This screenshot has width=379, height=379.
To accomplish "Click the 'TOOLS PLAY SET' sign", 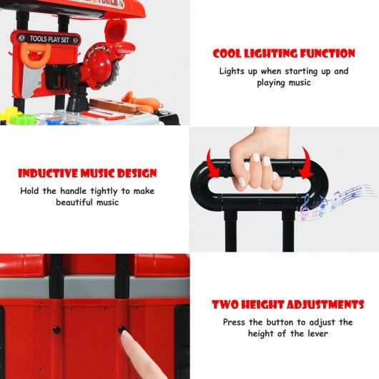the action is coord(49,39).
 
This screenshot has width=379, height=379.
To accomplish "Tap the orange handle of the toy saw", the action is coord(35,54).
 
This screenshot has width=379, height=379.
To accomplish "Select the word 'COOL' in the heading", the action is coord(227,54).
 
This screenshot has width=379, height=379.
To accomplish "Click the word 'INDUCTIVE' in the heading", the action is coord(48,173).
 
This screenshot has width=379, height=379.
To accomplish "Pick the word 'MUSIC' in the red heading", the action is coord(97,173).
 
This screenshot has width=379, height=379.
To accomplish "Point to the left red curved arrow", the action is coord(212,164).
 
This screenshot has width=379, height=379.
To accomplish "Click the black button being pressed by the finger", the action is coord(122,329).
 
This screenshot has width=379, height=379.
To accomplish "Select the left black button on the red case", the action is coord(56,329).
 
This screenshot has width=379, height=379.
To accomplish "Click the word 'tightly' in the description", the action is coord(105,191).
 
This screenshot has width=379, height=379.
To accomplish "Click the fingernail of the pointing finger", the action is coord(126,335).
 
